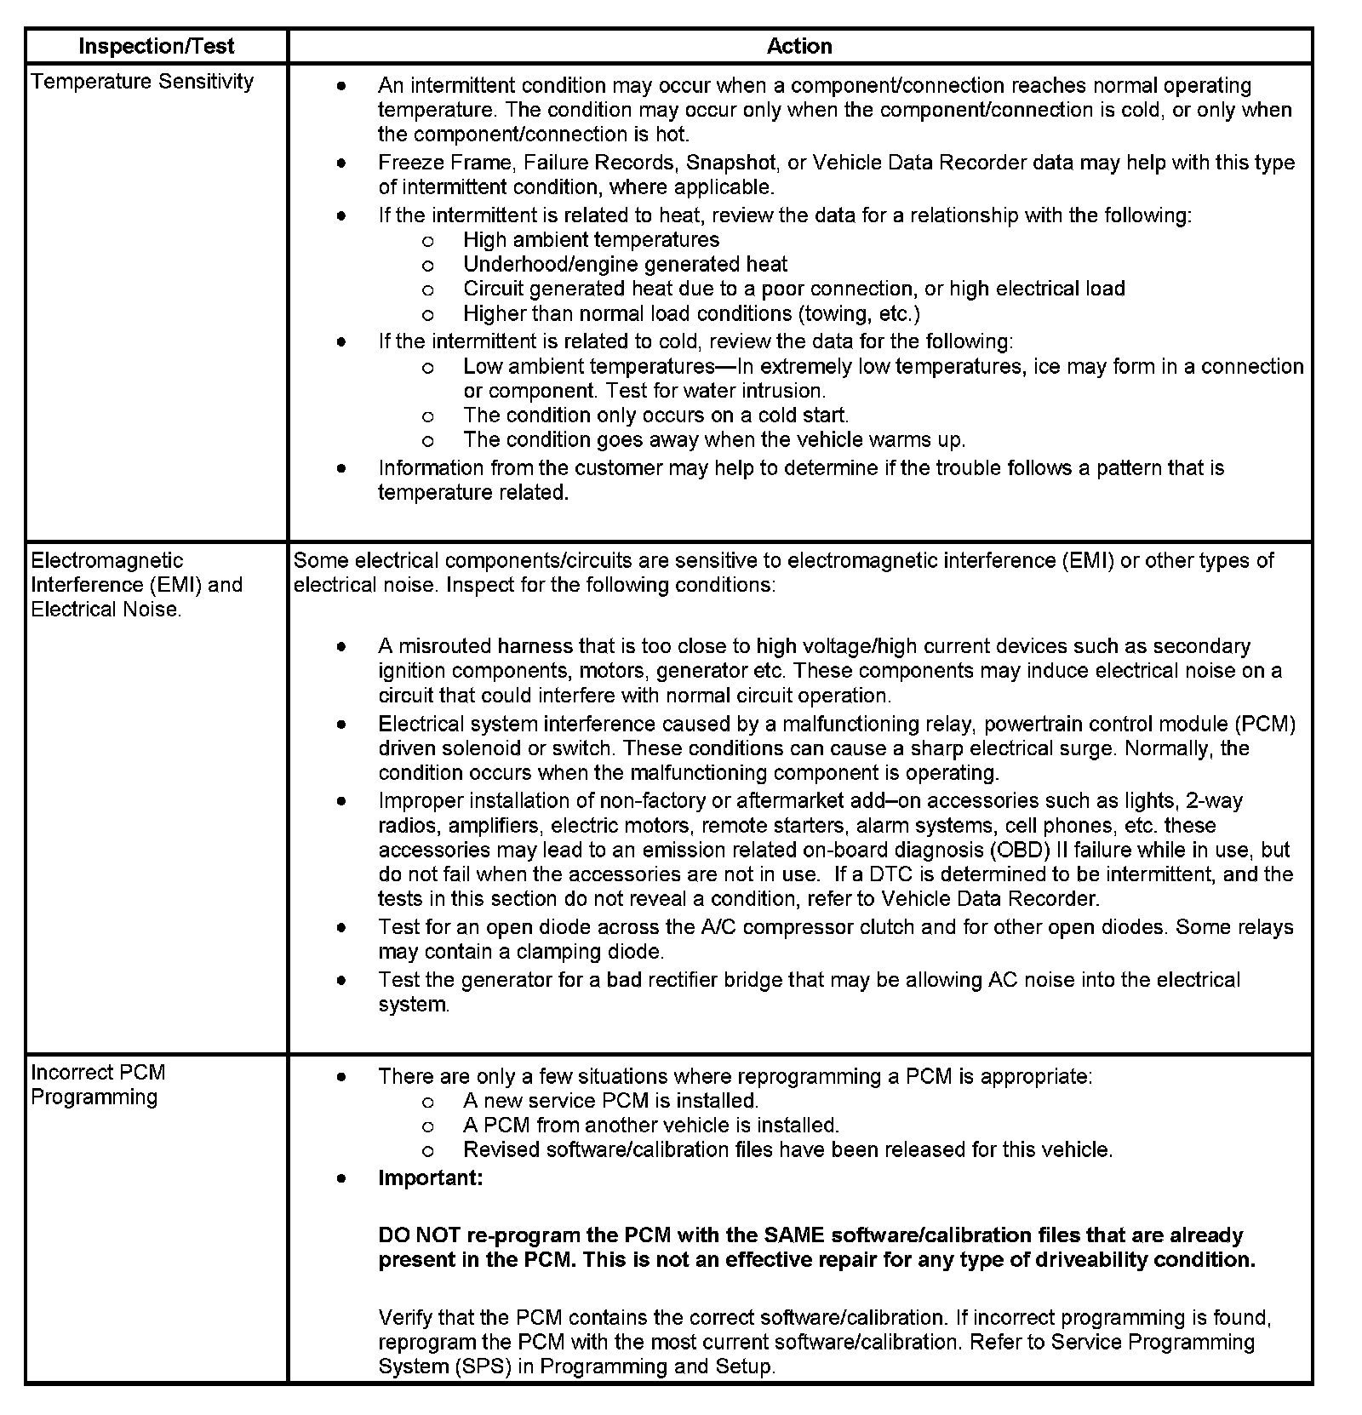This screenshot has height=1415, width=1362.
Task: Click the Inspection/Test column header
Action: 156,46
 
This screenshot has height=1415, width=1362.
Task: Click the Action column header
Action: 798,46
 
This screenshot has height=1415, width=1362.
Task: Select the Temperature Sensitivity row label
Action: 142,82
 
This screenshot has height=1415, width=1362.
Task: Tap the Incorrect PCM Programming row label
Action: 98,1084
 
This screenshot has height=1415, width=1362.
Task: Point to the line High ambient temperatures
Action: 591,240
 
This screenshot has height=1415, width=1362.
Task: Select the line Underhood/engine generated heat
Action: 625,265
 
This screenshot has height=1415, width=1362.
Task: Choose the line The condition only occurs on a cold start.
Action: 655,415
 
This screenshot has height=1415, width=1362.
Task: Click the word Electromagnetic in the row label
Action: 106,561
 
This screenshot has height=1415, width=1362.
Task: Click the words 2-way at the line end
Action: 1214,801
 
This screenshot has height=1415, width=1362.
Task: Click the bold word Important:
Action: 431,1178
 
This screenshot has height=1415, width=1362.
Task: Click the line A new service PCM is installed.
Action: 610,1101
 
